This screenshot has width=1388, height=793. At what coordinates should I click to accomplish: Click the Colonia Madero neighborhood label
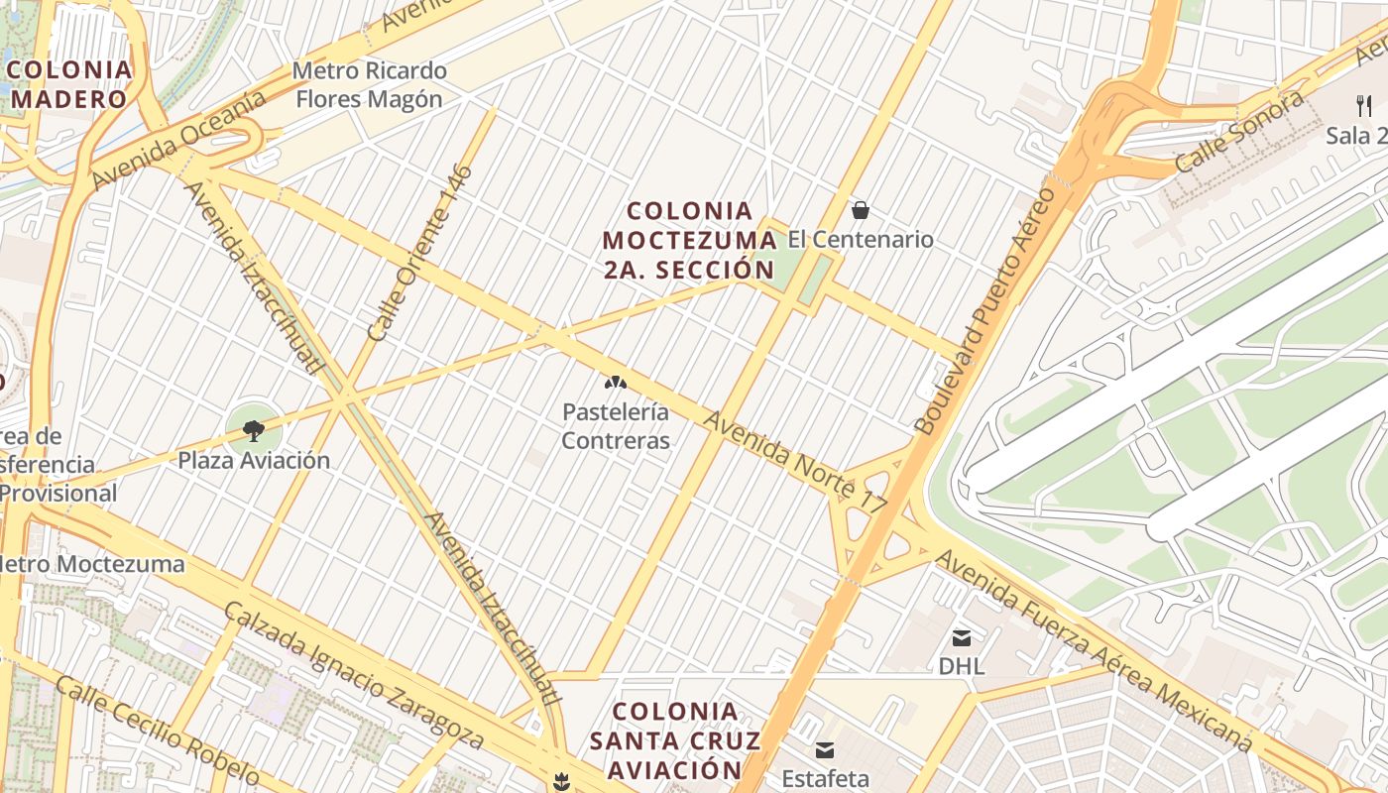pyautogui.click(x=70, y=84)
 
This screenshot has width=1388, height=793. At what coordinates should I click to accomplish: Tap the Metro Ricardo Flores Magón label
pyautogui.click(x=370, y=85)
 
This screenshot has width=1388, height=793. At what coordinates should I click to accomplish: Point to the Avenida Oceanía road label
pyautogui.click(x=178, y=140)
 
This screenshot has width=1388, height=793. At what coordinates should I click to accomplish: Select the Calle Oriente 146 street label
pyautogui.click(x=419, y=253)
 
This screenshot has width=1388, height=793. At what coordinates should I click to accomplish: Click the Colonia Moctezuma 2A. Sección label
pyautogui.click(x=689, y=240)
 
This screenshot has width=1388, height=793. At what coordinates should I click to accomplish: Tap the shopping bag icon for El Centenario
pyautogui.click(x=861, y=210)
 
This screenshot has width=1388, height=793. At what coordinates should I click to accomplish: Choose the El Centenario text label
pyautogui.click(x=861, y=239)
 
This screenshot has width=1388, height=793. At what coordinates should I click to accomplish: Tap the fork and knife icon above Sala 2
pyautogui.click(x=1364, y=105)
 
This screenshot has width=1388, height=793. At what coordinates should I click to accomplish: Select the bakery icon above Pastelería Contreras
pyautogui.click(x=616, y=383)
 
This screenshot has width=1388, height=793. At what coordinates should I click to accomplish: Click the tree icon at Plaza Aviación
pyautogui.click(x=254, y=430)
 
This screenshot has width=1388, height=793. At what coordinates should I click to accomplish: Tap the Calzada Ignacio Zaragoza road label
pyautogui.click(x=354, y=674)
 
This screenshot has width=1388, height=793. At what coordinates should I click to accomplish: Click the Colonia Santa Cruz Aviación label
pyautogui.click(x=675, y=740)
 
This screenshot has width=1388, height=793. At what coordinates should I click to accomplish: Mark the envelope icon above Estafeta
pyautogui.click(x=825, y=749)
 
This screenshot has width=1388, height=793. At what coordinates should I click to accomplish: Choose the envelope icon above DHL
pyautogui.click(x=962, y=637)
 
